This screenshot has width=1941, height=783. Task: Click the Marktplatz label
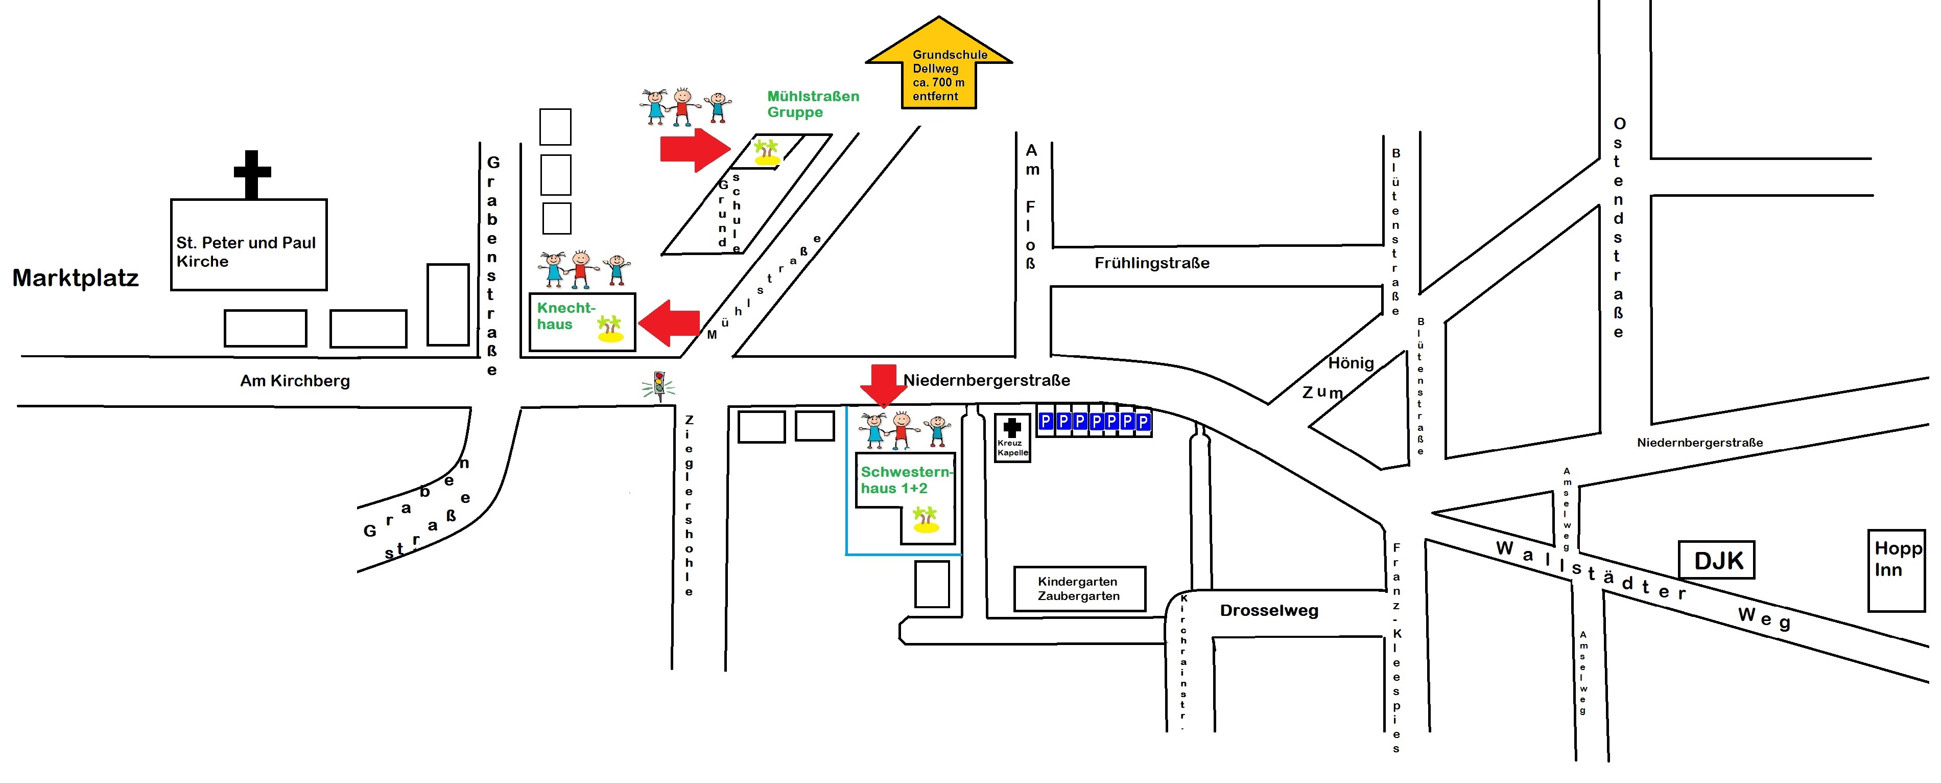click(x=76, y=278)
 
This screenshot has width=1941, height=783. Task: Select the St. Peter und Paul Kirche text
click(x=246, y=251)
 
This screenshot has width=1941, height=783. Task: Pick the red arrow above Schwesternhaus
click(x=883, y=385)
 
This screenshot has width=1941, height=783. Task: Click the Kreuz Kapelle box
click(x=1012, y=438)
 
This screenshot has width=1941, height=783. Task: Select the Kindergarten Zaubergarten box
click(x=1079, y=589)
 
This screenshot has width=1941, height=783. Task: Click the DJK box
click(x=1717, y=560)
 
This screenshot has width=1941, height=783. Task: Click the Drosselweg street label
click(x=1269, y=610)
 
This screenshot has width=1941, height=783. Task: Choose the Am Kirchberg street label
click(x=295, y=381)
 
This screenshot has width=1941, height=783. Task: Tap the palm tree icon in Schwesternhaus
click(x=925, y=520)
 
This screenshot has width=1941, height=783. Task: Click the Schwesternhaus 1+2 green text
click(x=904, y=480)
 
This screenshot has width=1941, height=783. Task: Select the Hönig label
click(x=1350, y=363)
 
